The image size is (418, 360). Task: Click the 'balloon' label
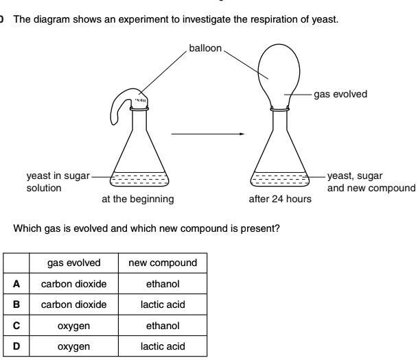[205, 49]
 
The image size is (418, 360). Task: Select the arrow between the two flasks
[207, 134]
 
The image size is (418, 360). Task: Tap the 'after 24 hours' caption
[279, 200]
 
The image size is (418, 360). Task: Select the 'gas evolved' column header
[73, 263]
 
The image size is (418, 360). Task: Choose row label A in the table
[14, 284]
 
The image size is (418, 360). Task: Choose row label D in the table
[14, 346]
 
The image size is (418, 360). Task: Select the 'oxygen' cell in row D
[73, 346]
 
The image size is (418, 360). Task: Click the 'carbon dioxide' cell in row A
[73, 284]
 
